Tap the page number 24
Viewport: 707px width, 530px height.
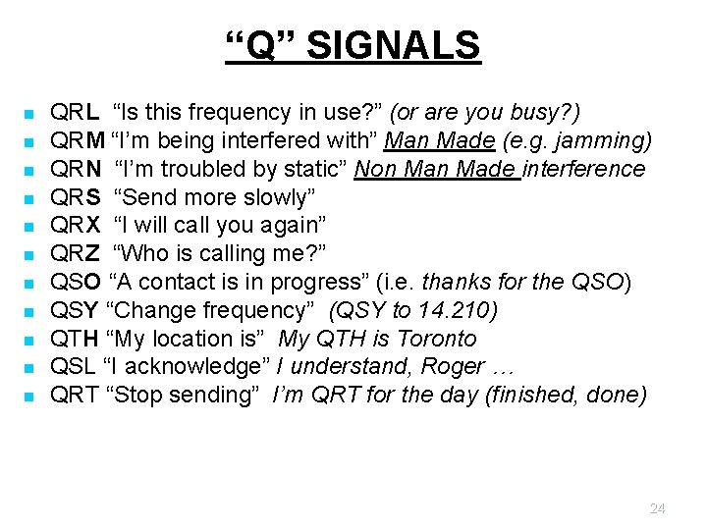(658, 508)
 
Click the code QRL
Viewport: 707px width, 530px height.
(74, 113)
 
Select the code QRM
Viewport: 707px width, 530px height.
(78, 141)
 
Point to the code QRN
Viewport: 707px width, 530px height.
(76, 170)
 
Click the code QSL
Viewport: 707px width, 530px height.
(73, 367)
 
